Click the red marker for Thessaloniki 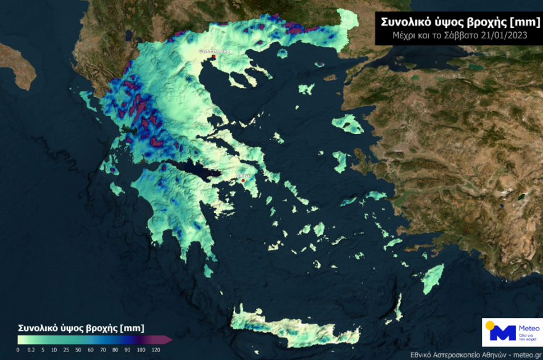click(213, 56)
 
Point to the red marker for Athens click(243, 181)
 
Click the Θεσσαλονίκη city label click(213, 51)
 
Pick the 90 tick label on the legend click(128, 350)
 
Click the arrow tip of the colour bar click(170, 339)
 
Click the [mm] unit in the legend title click(133, 327)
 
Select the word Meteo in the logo click(528, 328)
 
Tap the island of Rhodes click(433, 278)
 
